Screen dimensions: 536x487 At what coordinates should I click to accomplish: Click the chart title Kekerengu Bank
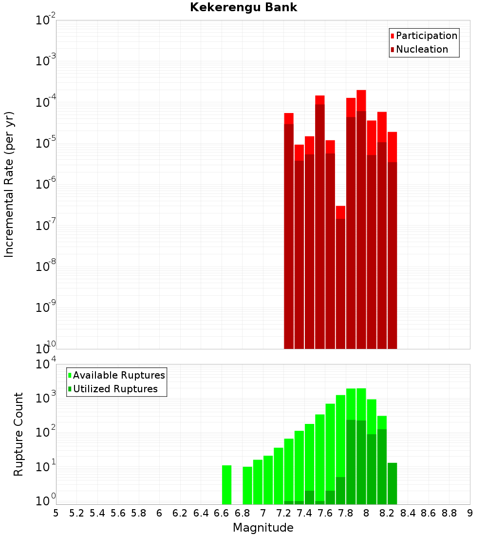coord(243,7)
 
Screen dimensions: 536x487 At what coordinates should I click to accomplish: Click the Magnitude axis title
coord(263,528)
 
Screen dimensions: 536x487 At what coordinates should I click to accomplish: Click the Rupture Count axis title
coord(19,434)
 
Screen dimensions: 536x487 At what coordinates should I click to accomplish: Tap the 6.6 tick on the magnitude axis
coord(221,513)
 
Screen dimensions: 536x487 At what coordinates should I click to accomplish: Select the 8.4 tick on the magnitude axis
coord(408,513)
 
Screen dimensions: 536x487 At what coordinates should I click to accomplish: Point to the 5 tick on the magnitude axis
coord(56,513)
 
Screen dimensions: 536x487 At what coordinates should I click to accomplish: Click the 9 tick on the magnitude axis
coord(470,513)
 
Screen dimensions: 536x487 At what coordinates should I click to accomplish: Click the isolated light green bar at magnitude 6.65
coord(226,485)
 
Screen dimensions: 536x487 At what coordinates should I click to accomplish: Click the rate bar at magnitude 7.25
coord(289,234)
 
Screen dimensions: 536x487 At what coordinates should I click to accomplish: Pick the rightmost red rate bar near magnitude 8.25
coord(393,244)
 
